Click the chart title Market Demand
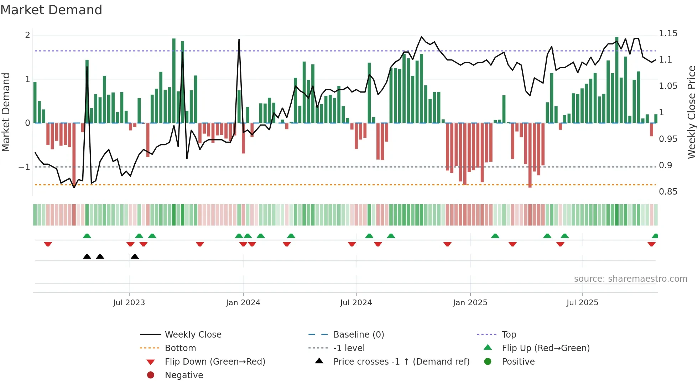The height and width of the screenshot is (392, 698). click(51, 10)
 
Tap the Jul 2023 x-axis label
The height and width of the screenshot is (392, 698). click(129, 302)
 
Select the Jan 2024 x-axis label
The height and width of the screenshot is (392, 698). click(243, 302)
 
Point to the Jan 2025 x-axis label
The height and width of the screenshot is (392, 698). click(470, 302)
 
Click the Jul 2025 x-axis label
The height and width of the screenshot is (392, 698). click(582, 302)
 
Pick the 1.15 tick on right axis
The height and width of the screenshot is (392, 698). click(668, 33)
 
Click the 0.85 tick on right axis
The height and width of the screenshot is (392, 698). click(668, 192)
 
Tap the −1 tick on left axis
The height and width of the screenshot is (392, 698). click(25, 167)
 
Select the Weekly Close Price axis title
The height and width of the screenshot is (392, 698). click(691, 112)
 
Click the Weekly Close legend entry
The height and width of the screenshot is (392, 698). click(193, 334)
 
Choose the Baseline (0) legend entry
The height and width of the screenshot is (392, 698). click(358, 334)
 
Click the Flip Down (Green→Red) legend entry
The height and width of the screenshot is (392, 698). click(215, 361)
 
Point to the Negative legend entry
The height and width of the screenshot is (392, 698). click(184, 375)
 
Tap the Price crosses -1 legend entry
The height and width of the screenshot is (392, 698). click(401, 361)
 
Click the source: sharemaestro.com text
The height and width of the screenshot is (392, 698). click(630, 279)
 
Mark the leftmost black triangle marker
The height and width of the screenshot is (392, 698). click(87, 256)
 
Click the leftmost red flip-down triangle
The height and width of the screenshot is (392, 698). click(48, 244)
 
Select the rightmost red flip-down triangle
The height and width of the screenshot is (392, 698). click(651, 244)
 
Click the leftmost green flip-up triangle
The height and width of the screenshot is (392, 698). click(87, 235)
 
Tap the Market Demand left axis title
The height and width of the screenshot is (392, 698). click(6, 112)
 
